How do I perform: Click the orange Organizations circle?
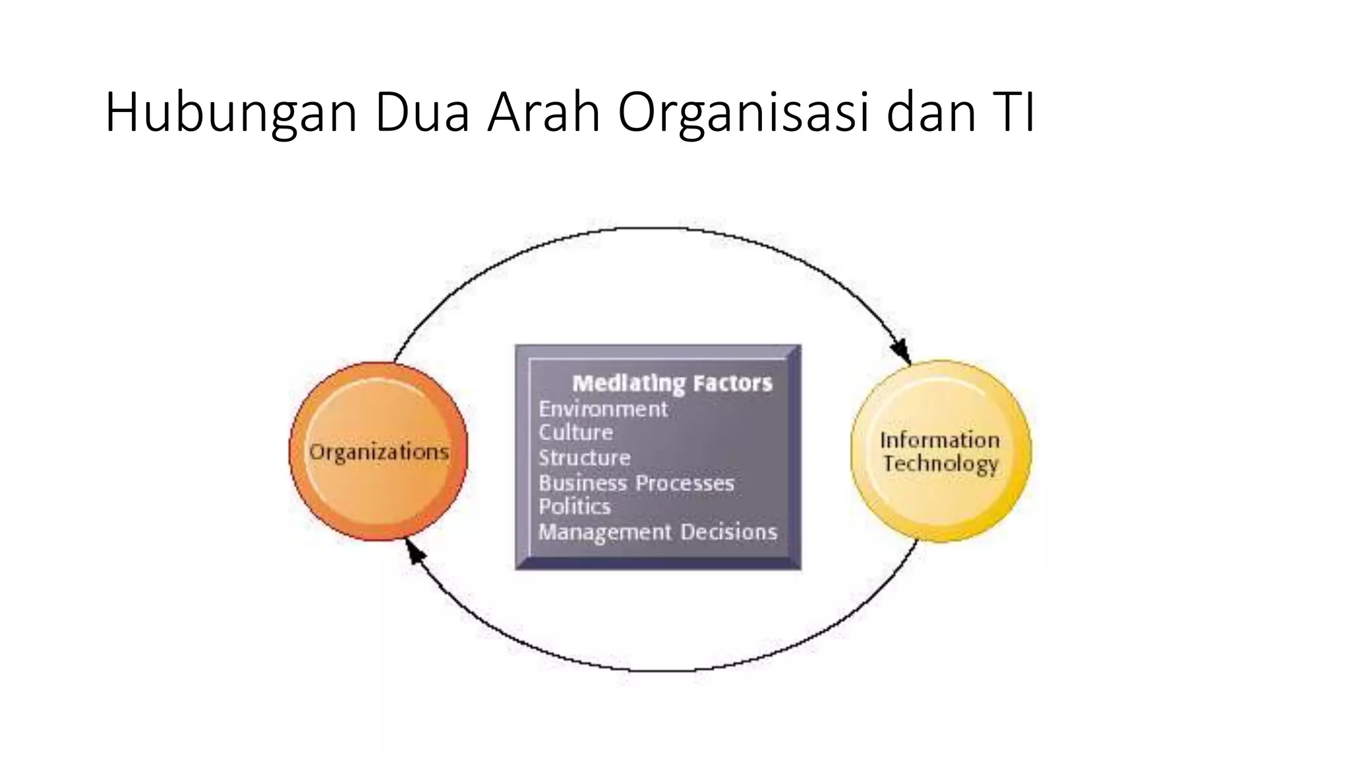(x=378, y=451)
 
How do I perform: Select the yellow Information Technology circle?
(x=941, y=451)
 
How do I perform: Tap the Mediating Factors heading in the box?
(x=672, y=383)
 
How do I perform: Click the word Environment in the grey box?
(x=602, y=409)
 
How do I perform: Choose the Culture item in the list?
(x=575, y=433)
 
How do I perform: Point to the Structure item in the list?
(x=584, y=458)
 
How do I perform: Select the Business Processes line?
(x=636, y=483)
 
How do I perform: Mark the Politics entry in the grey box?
(x=574, y=507)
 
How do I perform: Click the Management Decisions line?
(x=657, y=532)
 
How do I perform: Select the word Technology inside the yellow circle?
(x=941, y=464)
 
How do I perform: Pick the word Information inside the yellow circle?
(x=939, y=440)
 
